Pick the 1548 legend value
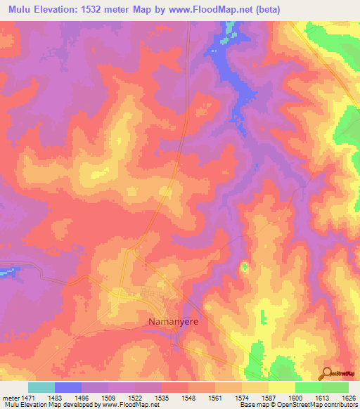188,397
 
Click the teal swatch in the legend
41,387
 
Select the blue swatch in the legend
68,387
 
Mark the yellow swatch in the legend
281,387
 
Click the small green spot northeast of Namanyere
245,266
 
